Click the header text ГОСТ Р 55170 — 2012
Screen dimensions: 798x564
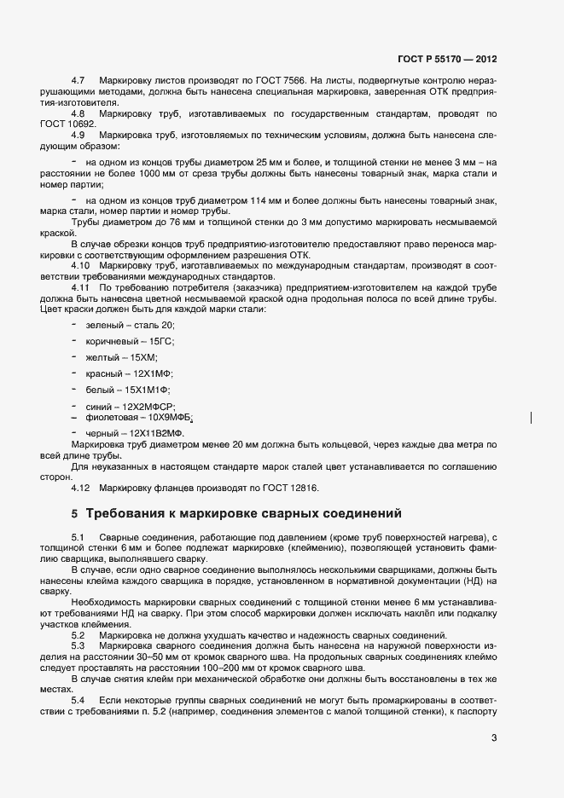click(x=447, y=60)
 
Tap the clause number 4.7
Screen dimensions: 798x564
click(x=78, y=79)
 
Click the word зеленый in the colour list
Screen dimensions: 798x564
click(x=104, y=326)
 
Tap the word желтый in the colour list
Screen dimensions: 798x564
click(x=102, y=357)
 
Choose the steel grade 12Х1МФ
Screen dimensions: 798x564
click(x=153, y=373)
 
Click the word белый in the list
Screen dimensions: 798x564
click(x=100, y=389)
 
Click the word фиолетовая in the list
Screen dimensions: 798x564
click(x=114, y=418)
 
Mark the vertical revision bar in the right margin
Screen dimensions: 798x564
click(x=532, y=418)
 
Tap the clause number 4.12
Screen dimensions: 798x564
click(x=80, y=488)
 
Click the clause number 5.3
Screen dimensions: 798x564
click(x=78, y=646)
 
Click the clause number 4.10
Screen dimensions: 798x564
click(x=80, y=266)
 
